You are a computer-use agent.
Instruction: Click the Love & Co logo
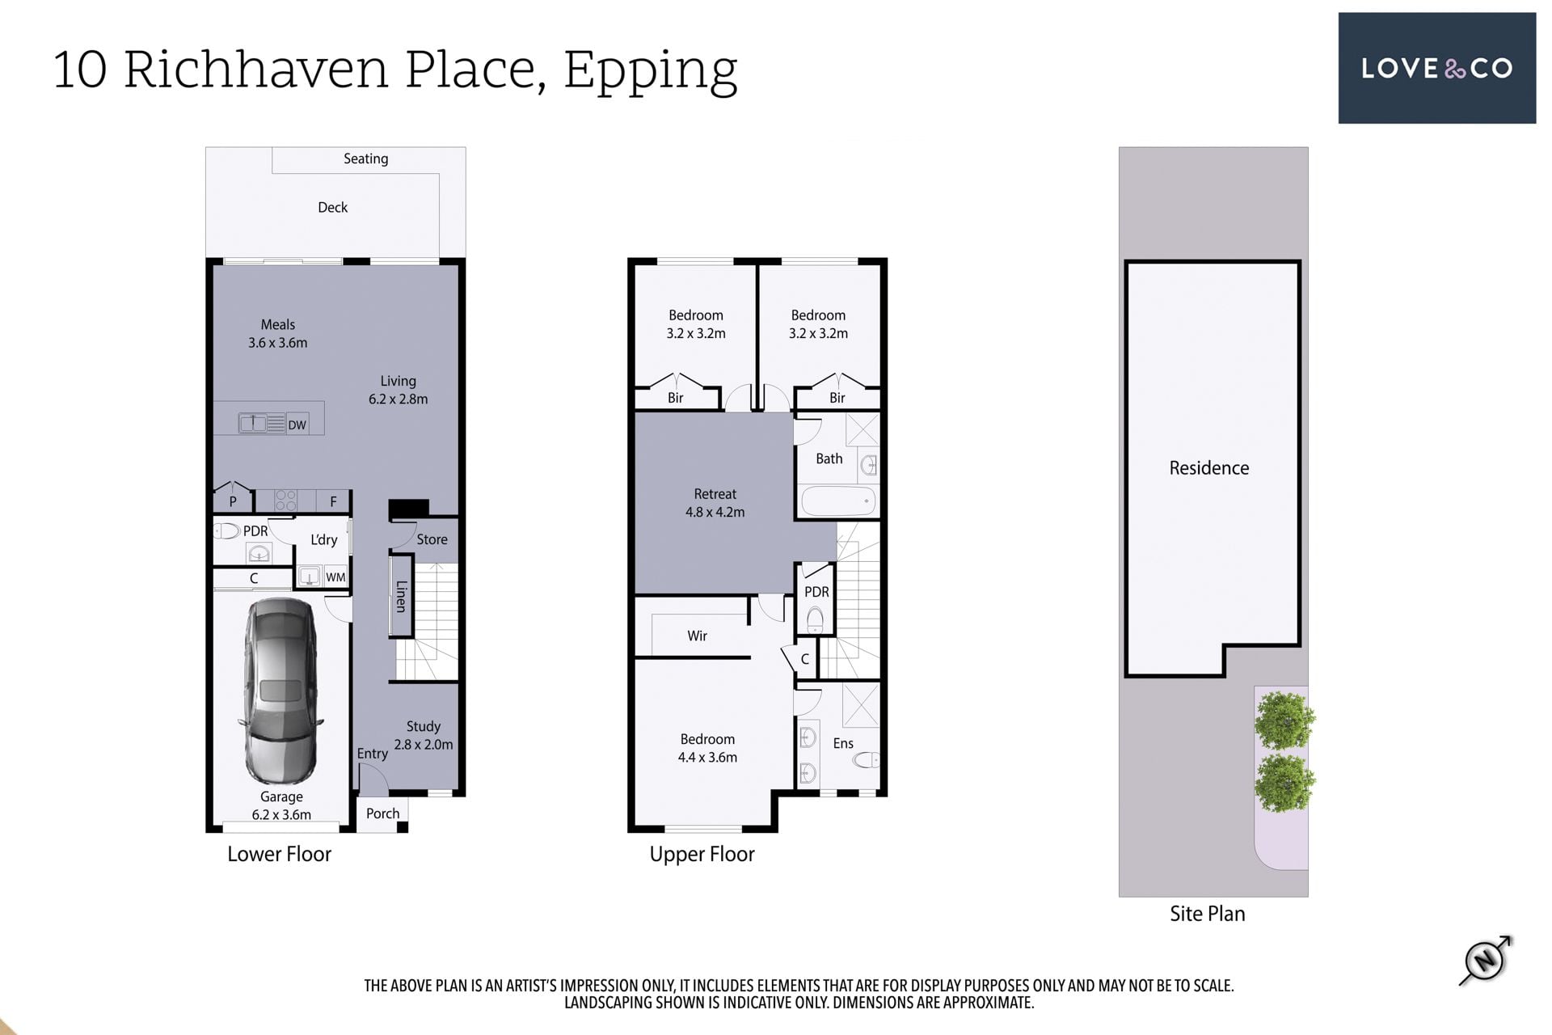tap(1436, 68)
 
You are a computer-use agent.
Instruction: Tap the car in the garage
tap(280, 691)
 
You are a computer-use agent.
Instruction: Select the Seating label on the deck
tap(365, 158)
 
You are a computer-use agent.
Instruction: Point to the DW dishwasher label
tap(297, 425)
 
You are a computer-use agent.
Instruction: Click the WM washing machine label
tap(335, 577)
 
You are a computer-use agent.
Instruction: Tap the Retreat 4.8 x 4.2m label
tap(715, 503)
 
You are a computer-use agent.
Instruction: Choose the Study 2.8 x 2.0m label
tap(424, 735)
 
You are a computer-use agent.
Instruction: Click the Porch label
tap(382, 813)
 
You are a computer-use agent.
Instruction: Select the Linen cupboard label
tap(401, 596)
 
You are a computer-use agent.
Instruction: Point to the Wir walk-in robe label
tap(697, 636)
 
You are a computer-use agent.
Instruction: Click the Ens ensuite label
tap(843, 743)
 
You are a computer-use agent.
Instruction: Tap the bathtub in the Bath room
tap(838, 501)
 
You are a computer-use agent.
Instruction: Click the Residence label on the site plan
tap(1209, 467)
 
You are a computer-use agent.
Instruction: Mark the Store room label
tap(432, 539)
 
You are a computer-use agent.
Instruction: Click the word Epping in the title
tap(651, 71)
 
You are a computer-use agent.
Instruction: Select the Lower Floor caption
tap(279, 854)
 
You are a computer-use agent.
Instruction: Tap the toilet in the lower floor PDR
tap(227, 531)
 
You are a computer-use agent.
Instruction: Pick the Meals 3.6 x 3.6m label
tap(277, 333)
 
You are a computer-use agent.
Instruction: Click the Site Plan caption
tap(1208, 914)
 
